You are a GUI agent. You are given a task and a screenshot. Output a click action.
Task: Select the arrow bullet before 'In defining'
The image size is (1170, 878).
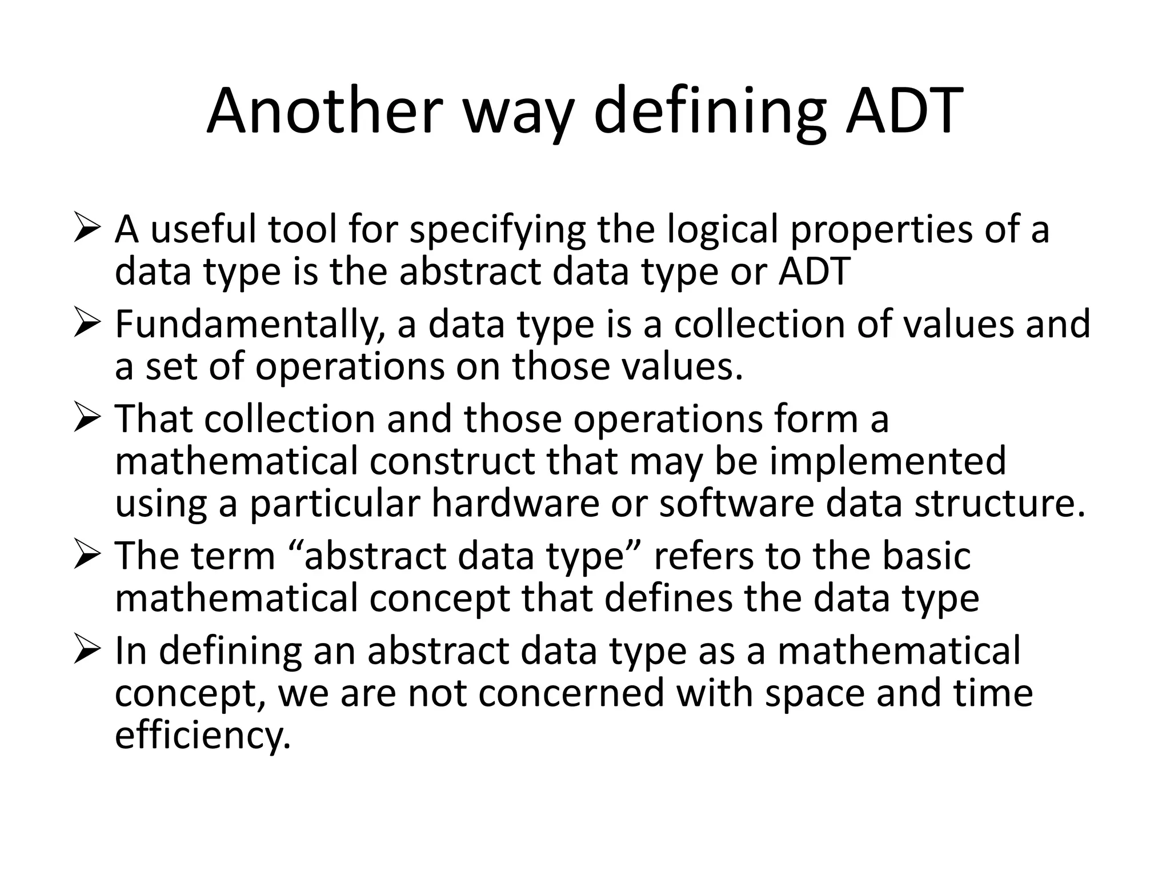click(x=87, y=652)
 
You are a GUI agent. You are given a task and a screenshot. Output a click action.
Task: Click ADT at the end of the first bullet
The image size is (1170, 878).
click(x=814, y=272)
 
